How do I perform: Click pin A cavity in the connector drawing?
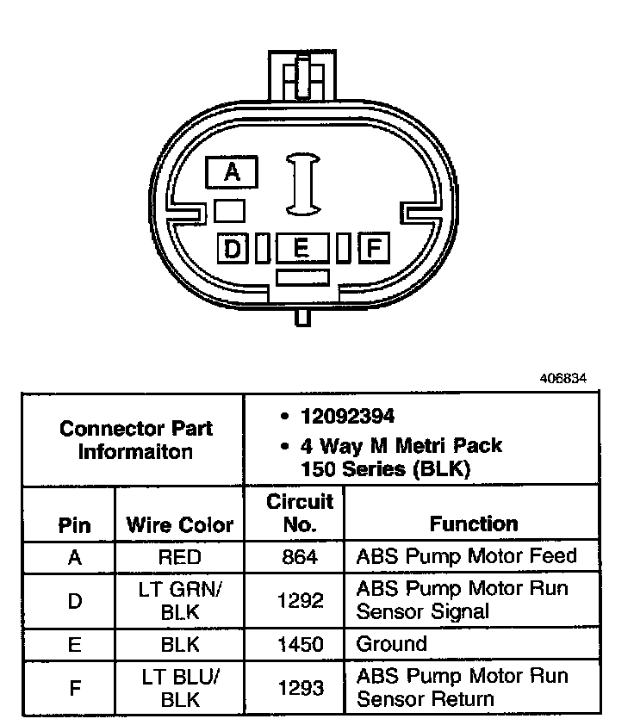231,172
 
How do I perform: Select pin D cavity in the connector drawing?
233,249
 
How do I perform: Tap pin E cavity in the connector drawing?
301,249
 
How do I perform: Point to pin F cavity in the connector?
373,249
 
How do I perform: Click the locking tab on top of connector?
301,77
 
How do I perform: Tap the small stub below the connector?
301,317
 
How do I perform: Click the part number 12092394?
348,416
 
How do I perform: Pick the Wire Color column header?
179,524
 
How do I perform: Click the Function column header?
474,524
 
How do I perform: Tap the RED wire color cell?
179,557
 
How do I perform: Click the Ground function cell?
392,644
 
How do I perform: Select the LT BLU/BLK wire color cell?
179,687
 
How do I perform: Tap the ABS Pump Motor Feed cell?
465,556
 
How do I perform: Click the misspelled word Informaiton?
136,451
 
